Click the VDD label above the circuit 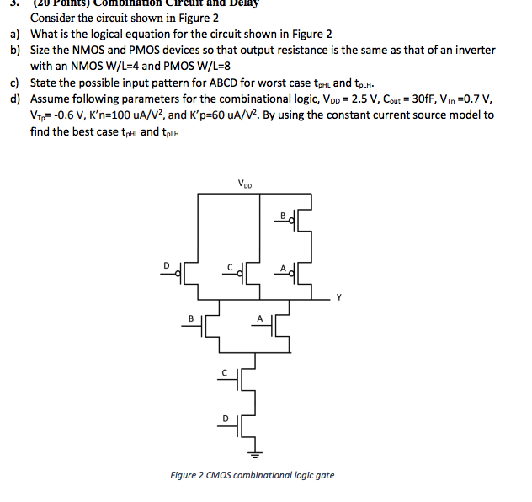tap(245, 184)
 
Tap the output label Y tap(337, 296)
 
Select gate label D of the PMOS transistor tap(167, 265)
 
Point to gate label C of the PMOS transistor tap(230, 265)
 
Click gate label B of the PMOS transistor tap(285, 217)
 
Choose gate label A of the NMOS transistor tap(260, 318)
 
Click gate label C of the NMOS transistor tap(224, 371)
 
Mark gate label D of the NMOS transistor tap(224, 417)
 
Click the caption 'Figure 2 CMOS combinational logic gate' tap(252, 475)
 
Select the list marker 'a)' tap(15, 35)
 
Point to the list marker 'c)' tap(15, 83)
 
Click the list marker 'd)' tap(15, 99)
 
